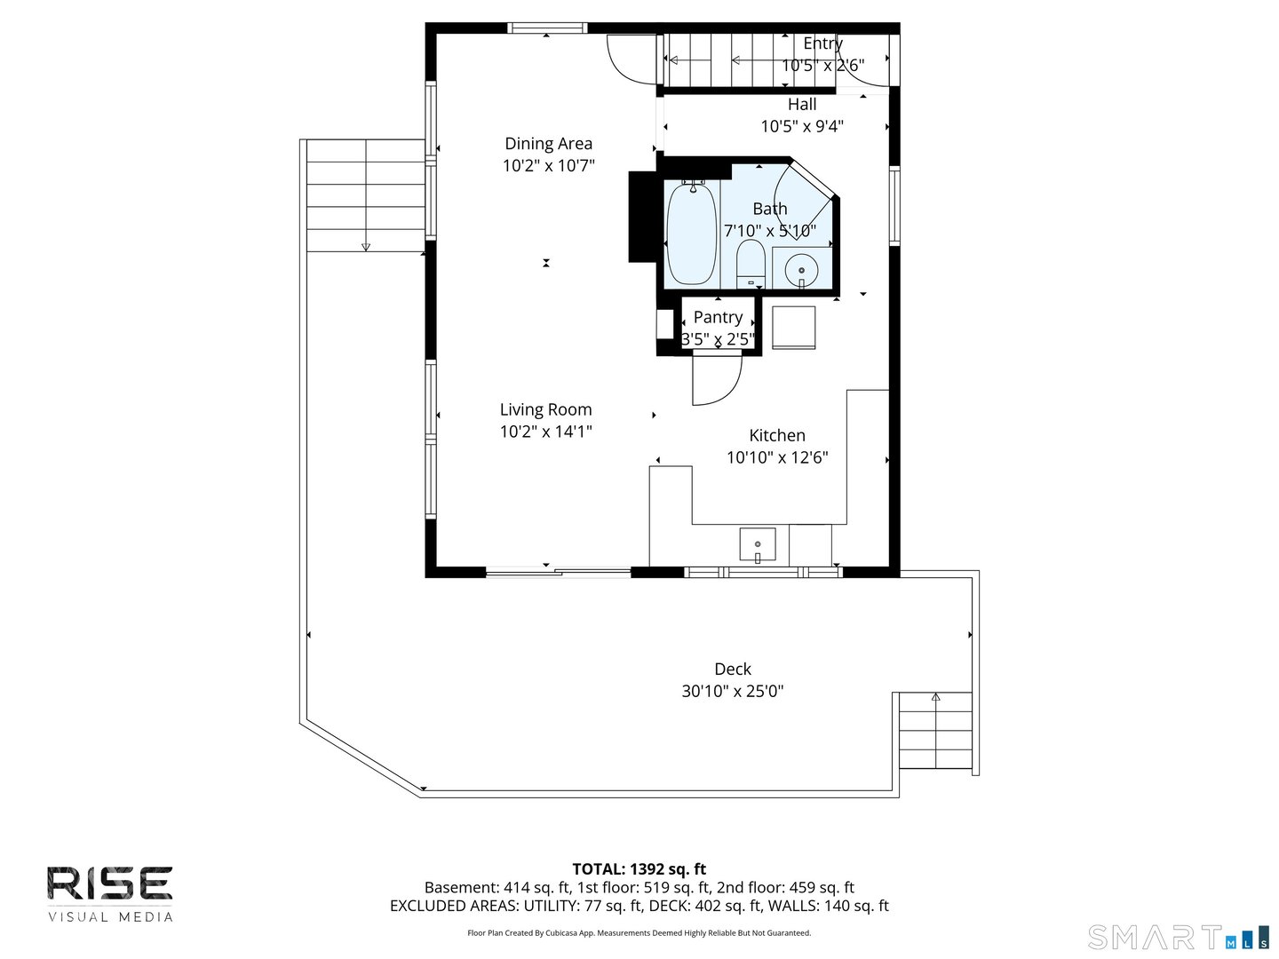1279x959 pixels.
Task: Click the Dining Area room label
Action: pos(548,143)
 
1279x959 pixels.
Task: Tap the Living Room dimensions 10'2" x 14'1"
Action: pos(545,432)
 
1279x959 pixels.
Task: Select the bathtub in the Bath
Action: pos(691,234)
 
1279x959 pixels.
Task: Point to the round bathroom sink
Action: pos(801,270)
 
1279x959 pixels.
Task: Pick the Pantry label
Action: pos(718,317)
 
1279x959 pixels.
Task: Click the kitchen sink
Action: pos(758,544)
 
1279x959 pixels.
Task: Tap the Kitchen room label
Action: pos(776,435)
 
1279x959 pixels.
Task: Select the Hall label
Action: pos(802,104)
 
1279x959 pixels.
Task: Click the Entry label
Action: pos(822,44)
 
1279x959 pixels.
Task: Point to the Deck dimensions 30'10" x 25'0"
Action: pos(733,691)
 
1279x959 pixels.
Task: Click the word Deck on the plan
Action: pos(733,669)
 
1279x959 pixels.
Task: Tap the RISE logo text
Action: pos(109,884)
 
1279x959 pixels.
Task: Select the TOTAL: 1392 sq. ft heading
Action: pos(639,868)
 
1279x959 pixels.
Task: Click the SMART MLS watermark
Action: pos(1179,938)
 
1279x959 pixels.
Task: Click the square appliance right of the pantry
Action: pos(794,328)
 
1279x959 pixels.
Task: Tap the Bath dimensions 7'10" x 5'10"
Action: pos(770,231)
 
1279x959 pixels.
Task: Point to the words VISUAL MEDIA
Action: pos(110,917)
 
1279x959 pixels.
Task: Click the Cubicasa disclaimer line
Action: pos(639,932)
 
